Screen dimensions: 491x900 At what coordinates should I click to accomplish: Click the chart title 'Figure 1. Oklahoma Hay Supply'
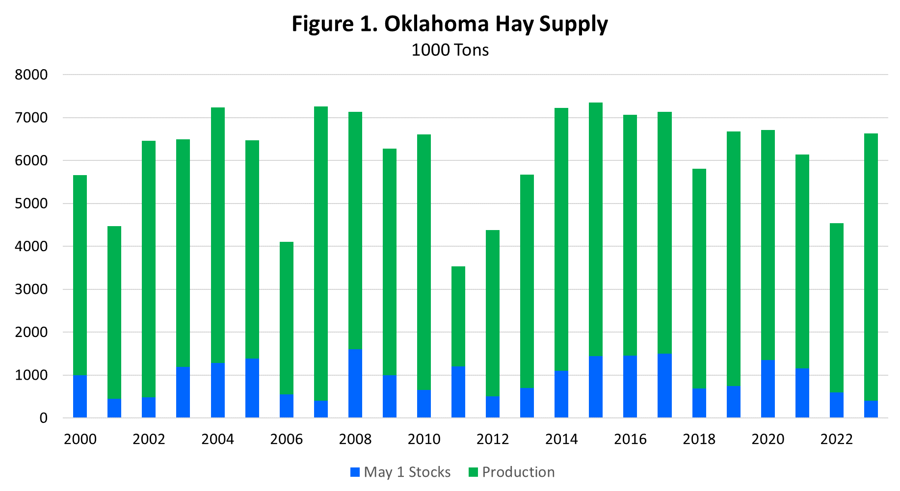pyautogui.click(x=450, y=24)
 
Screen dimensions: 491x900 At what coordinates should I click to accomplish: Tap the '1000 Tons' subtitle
pyautogui.click(x=450, y=50)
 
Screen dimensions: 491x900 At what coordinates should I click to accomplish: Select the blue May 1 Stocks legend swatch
pyautogui.click(x=355, y=472)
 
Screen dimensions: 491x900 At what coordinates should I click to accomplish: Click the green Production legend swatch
pyautogui.click(x=473, y=472)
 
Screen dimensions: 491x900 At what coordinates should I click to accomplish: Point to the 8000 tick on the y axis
pyautogui.click(x=31, y=75)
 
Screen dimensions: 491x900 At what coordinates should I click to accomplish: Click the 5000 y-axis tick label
pyautogui.click(x=31, y=204)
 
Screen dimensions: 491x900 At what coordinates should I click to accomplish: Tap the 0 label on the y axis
pyautogui.click(x=44, y=418)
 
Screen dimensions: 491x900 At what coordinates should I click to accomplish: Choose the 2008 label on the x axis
pyautogui.click(x=355, y=439)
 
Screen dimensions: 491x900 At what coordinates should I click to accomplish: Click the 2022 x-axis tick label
pyautogui.click(x=837, y=439)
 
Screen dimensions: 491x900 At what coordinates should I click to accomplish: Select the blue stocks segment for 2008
pyautogui.click(x=355, y=383)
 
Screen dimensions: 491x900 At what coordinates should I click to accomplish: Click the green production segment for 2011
pyautogui.click(x=458, y=316)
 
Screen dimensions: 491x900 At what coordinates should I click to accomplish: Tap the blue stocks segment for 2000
pyautogui.click(x=80, y=396)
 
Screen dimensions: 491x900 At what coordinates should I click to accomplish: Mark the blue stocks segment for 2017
pyautogui.click(x=664, y=386)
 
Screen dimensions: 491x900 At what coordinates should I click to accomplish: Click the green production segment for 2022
pyautogui.click(x=837, y=308)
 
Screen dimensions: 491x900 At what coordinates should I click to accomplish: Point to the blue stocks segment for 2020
pyautogui.click(x=768, y=388)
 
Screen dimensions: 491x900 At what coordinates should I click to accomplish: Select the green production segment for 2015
pyautogui.click(x=596, y=229)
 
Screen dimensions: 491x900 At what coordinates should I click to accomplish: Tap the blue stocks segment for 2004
pyautogui.click(x=218, y=390)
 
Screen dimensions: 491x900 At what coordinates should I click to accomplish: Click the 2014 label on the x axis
pyautogui.click(x=561, y=439)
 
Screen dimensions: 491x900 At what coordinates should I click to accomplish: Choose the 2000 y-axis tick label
pyautogui.click(x=31, y=332)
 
